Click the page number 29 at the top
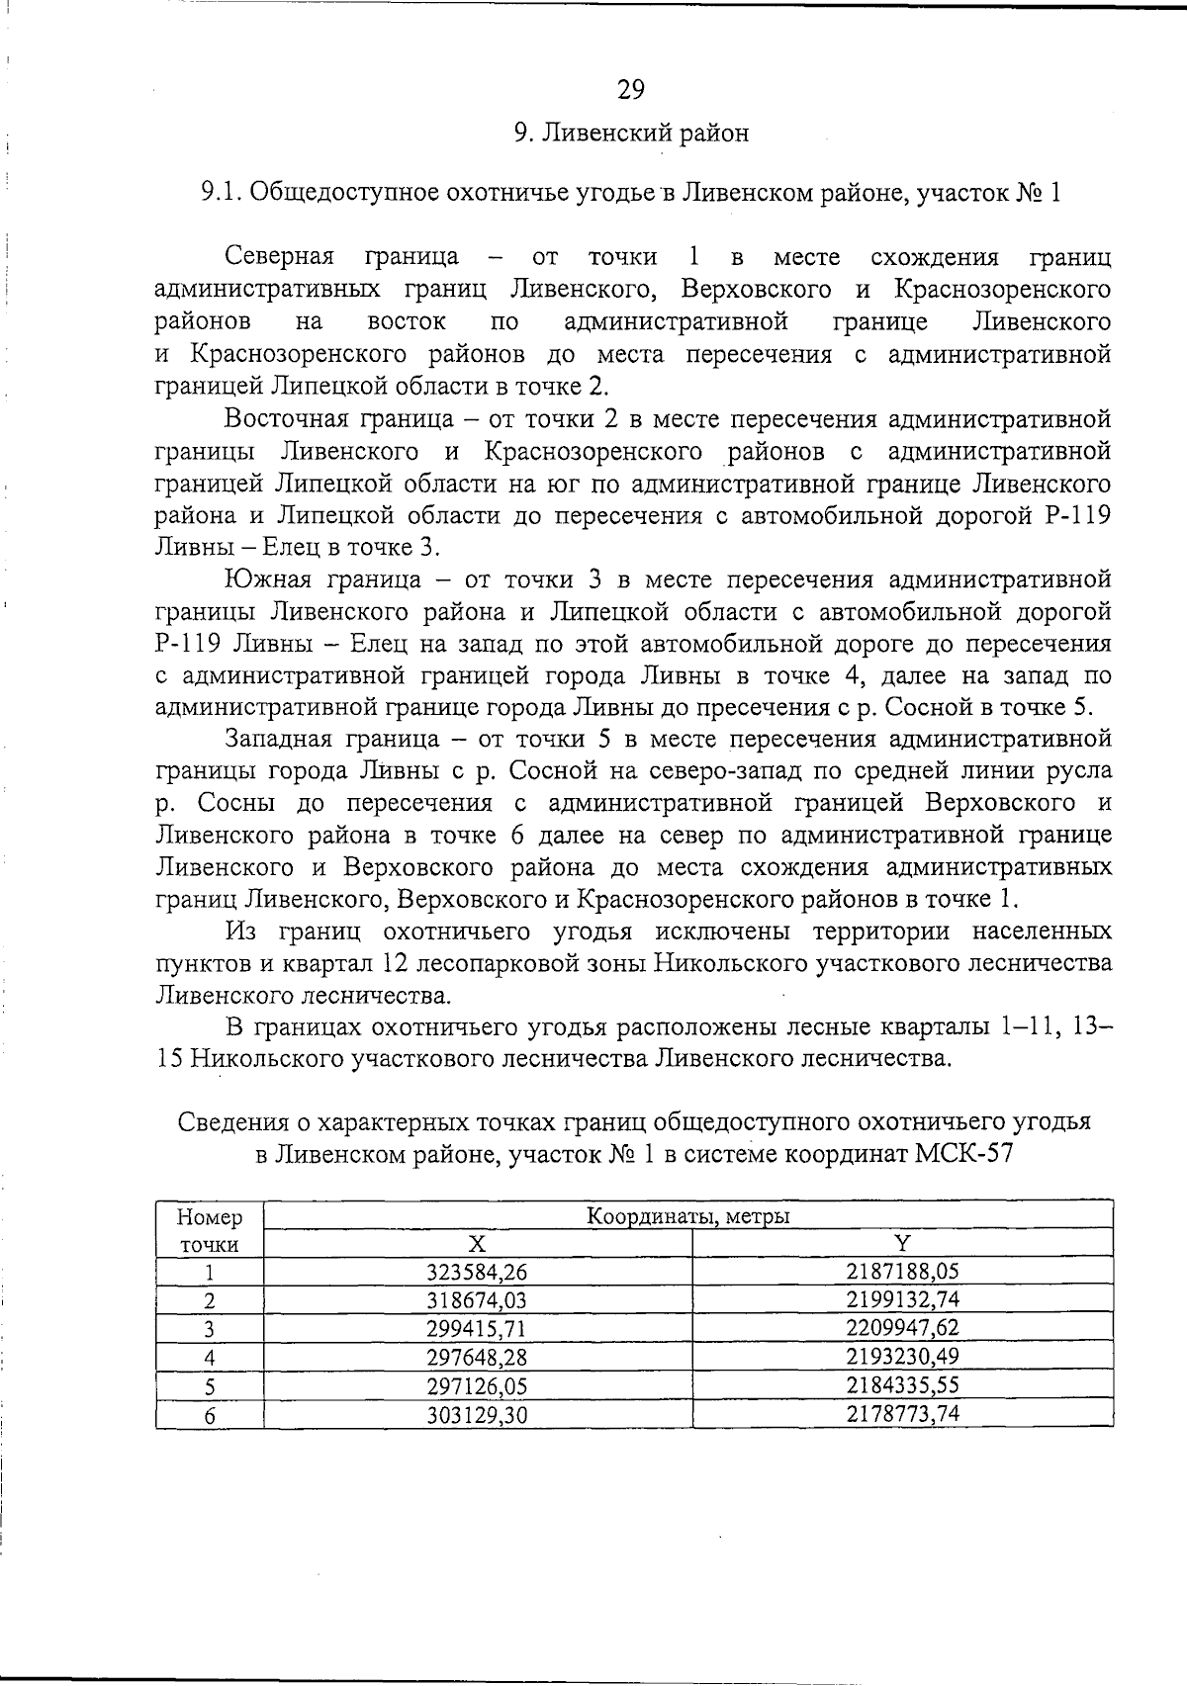(631, 90)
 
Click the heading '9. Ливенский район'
(631, 133)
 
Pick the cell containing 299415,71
(477, 1328)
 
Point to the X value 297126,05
(477, 1385)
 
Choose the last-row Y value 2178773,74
(902, 1414)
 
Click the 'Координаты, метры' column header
(688, 1215)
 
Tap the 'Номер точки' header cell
(209, 1230)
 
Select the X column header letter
(477, 1244)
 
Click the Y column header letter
(902, 1244)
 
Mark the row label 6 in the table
(209, 1415)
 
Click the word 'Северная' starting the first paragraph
(279, 258)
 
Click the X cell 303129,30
(477, 1415)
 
